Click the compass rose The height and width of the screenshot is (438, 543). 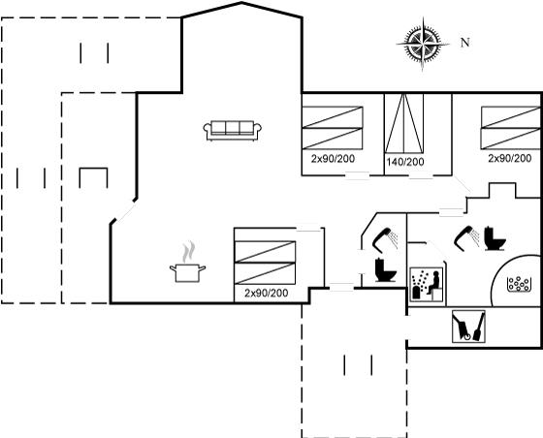pyautogui.click(x=423, y=44)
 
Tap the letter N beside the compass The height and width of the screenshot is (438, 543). pyautogui.click(x=465, y=43)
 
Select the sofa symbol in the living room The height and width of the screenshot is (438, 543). pyautogui.click(x=233, y=131)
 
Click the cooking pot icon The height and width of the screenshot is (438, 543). pyautogui.click(x=187, y=272)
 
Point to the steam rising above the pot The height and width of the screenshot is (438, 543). pyautogui.click(x=189, y=252)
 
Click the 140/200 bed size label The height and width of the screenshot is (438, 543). pyautogui.click(x=405, y=162)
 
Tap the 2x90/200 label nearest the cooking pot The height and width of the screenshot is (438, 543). pyautogui.click(x=267, y=293)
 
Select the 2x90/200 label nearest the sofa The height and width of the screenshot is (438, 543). pyautogui.click(x=333, y=159)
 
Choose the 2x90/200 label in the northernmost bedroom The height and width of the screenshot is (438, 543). pyautogui.click(x=510, y=159)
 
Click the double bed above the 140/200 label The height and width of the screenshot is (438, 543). pyautogui.click(x=403, y=123)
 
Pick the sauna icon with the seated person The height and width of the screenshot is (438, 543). pyautogui.click(x=427, y=284)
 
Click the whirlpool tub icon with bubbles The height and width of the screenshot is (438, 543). pyautogui.click(x=519, y=284)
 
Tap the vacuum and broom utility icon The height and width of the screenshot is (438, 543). pyautogui.click(x=468, y=327)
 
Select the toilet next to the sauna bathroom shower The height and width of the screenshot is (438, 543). pyautogui.click(x=495, y=238)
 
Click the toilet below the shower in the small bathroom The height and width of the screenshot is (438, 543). pyautogui.click(x=385, y=270)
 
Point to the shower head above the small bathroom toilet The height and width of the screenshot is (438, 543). pyautogui.click(x=385, y=237)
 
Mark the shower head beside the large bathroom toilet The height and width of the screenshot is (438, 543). pyautogui.click(x=466, y=236)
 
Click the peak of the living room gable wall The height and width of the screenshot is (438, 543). pyautogui.click(x=241, y=3)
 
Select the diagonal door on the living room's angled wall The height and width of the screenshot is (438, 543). pyautogui.click(x=126, y=210)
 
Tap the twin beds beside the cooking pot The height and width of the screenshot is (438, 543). pyautogui.click(x=265, y=263)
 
